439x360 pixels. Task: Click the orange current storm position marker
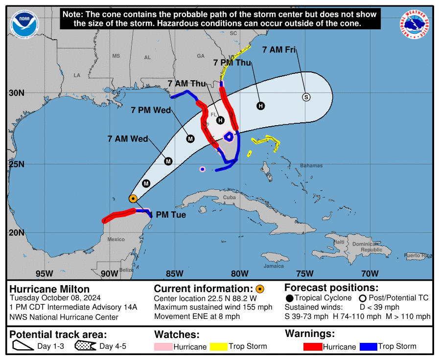tap(133, 199)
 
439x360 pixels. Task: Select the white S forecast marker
tap(306, 97)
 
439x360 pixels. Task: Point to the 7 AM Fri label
tap(279, 49)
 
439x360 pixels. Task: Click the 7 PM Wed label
tap(151, 111)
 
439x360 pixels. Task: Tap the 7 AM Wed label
tap(128, 139)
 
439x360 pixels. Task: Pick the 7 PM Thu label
tap(232, 62)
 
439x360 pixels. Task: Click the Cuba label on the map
tap(230, 197)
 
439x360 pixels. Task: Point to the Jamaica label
tap(274, 266)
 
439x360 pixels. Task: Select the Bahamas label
tap(311, 166)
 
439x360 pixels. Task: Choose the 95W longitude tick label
tap(44, 273)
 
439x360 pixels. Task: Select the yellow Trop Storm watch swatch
tap(219, 347)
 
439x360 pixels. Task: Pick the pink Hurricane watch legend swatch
tap(164, 347)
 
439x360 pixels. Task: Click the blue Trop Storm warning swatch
tap(368, 347)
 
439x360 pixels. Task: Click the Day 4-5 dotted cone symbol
tap(86, 346)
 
